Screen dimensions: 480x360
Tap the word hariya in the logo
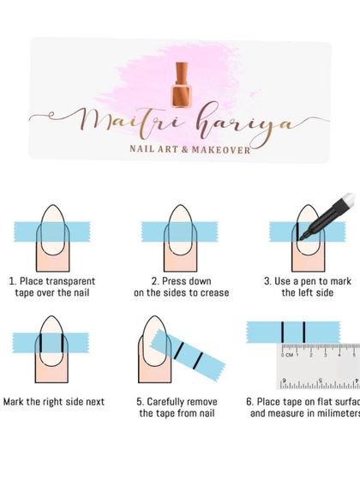click(x=244, y=124)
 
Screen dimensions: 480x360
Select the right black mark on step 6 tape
click(x=304, y=330)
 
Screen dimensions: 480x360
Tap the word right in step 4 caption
click(x=65, y=401)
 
